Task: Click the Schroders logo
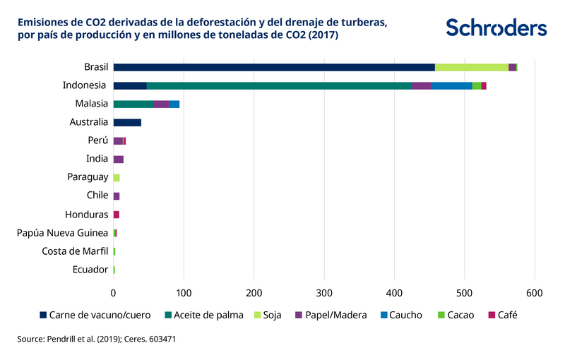(496, 28)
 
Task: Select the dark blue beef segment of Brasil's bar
(274, 67)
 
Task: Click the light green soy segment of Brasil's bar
(471, 67)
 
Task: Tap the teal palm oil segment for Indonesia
(279, 85)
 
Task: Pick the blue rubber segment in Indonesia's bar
(451, 85)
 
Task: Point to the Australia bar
(127, 122)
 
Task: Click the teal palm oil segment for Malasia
(133, 104)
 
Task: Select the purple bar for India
(119, 159)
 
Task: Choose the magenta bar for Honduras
(117, 215)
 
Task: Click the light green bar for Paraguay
(117, 178)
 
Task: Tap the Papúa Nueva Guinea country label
(62, 233)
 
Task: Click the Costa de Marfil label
(75, 251)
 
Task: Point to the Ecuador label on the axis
(90, 270)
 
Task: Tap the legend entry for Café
(502, 315)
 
